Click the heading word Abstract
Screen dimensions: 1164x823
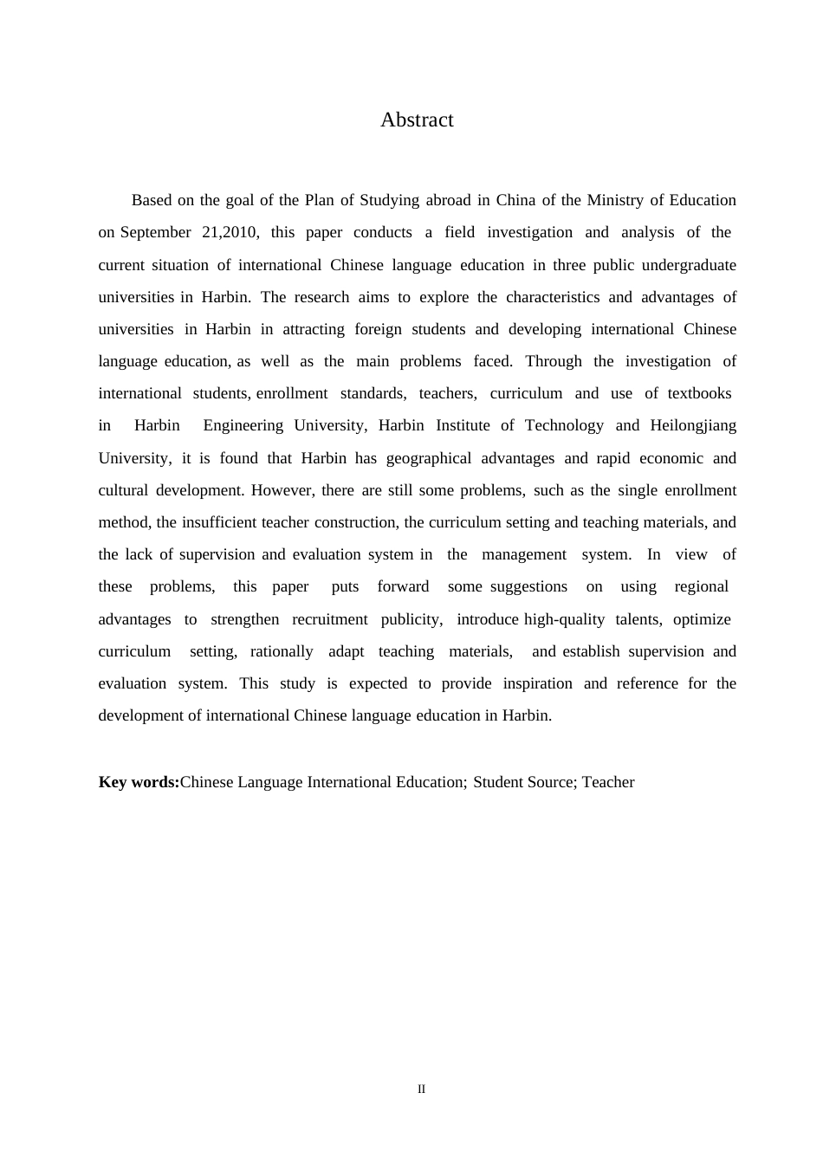[x=417, y=120]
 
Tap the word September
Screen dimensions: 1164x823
[x=155, y=232]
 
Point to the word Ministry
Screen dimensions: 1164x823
[x=615, y=200]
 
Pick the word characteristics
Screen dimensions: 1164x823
[x=553, y=297]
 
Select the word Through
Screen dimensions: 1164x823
[x=554, y=361]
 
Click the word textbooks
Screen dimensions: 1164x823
[x=699, y=393]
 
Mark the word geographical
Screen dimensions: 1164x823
[x=429, y=458]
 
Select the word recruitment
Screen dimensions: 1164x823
[x=330, y=619]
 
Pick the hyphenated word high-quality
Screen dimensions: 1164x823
[x=564, y=619]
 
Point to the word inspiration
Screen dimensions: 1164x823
[x=537, y=683]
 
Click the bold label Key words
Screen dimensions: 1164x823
[x=139, y=782]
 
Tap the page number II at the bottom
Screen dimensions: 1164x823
[x=422, y=1090]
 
